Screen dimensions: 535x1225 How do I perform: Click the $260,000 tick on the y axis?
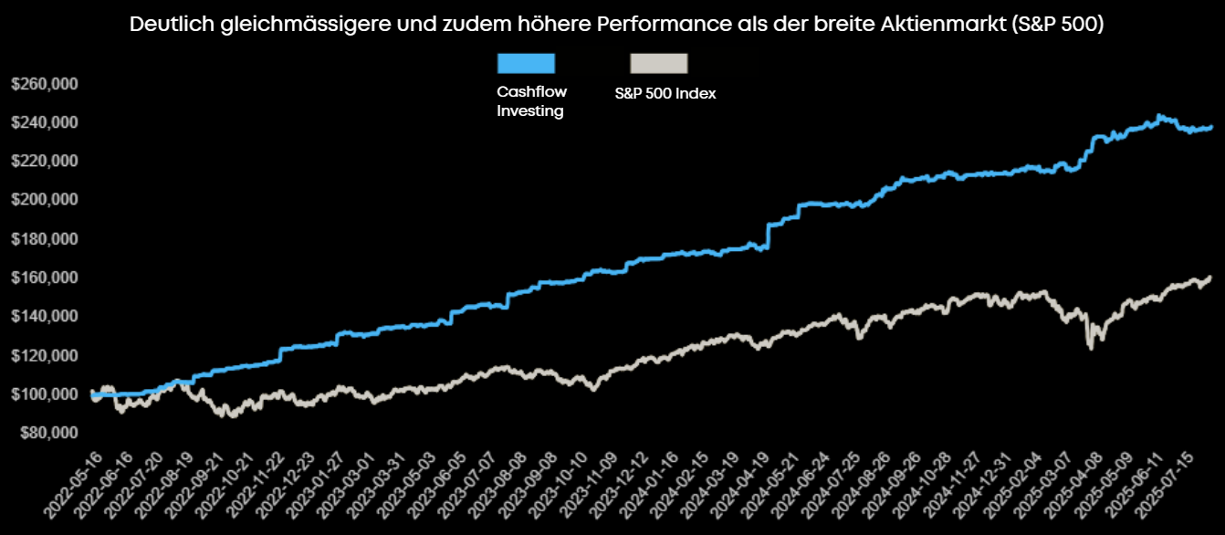pyautogui.click(x=44, y=84)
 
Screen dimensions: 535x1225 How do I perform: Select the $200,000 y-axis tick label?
pyautogui.click(x=44, y=200)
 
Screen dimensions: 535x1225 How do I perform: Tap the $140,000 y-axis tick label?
pyautogui.click(x=44, y=317)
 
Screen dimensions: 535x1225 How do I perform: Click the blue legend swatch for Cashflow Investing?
pyautogui.click(x=526, y=63)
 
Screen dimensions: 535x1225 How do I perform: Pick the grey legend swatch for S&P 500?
pyautogui.click(x=658, y=63)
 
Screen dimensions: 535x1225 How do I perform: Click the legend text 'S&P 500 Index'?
pyautogui.click(x=665, y=93)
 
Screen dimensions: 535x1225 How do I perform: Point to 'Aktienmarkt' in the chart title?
pyautogui.click(x=947, y=25)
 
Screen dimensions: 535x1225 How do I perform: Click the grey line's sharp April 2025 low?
pyautogui.click(x=1089, y=347)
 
